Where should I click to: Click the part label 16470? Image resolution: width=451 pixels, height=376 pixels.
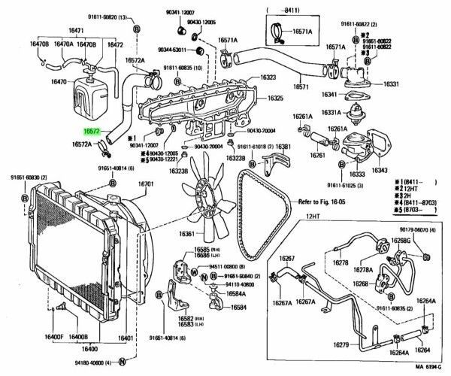[59, 81]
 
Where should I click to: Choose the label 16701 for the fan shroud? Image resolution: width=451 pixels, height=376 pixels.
[146, 183]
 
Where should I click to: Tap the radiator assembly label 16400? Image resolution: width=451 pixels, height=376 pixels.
[89, 350]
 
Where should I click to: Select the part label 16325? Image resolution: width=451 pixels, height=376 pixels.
[276, 99]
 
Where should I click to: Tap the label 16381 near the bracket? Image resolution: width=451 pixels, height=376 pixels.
[283, 147]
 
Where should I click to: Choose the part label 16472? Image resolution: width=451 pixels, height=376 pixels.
[115, 44]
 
